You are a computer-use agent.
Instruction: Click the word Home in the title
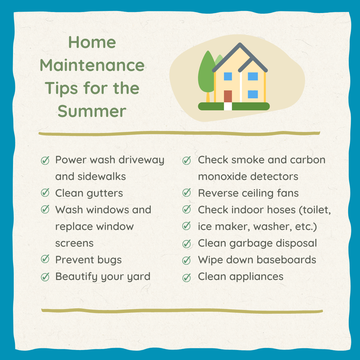[x=92, y=43]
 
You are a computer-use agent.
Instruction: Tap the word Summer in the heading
[x=92, y=111]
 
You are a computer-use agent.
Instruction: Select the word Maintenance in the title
[x=92, y=65]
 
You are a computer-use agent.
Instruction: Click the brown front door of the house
[x=228, y=96]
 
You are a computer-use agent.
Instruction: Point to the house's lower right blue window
[x=253, y=94]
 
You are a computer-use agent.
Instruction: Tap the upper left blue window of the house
[x=228, y=76]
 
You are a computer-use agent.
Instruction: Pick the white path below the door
[x=228, y=106]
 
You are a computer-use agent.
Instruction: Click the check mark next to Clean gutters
[x=45, y=193]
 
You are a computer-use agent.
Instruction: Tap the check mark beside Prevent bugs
[x=45, y=260]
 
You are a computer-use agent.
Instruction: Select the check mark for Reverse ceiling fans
[x=187, y=193]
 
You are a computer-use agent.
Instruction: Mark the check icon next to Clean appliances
[x=187, y=277]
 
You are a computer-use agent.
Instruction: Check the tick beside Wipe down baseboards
[x=187, y=260]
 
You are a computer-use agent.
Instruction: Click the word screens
[x=74, y=243]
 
